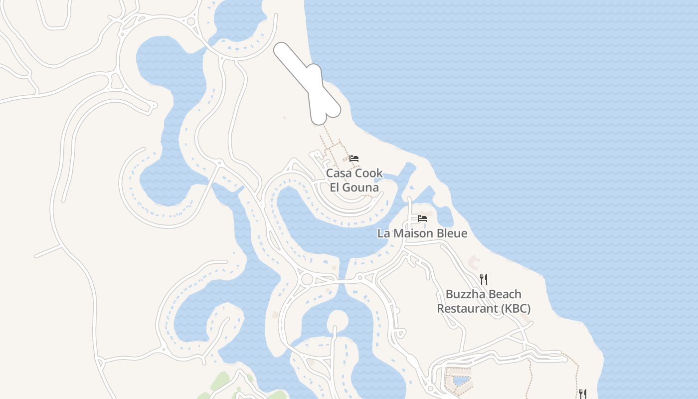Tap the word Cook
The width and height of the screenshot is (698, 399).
click(369, 174)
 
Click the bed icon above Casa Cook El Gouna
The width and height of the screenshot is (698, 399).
click(354, 159)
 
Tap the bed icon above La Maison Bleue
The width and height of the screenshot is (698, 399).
click(422, 218)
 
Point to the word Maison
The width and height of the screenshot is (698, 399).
click(412, 233)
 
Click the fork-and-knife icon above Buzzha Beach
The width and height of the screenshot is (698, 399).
click(484, 279)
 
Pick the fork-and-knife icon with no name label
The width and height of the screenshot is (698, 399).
click(582, 394)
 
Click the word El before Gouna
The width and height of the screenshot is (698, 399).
click(336, 188)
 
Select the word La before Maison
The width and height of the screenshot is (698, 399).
click(383, 233)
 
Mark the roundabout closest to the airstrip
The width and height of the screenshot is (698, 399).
click(191, 21)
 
